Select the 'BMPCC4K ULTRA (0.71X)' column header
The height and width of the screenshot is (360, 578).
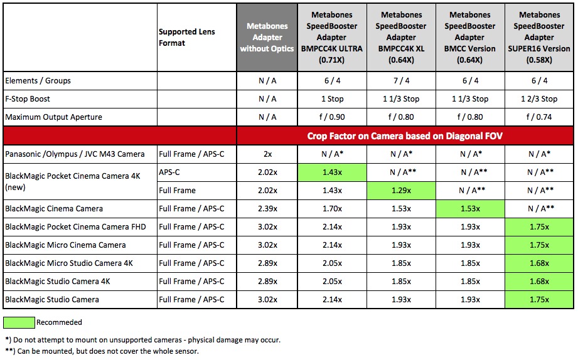(333, 38)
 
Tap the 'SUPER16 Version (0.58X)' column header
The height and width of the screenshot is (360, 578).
(540, 38)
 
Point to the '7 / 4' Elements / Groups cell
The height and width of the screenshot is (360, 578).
(402, 81)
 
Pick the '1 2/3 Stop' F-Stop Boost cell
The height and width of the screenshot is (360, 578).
(540, 99)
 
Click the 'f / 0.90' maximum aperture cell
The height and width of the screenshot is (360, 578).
(333, 117)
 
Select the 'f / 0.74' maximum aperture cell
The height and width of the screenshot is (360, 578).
(540, 117)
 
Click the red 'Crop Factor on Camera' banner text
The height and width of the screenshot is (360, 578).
(405, 136)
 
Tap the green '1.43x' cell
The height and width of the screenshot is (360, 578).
(333, 172)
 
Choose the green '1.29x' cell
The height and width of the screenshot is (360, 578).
(402, 191)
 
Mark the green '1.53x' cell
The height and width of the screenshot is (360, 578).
(471, 209)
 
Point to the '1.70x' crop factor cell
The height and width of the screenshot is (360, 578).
(333, 209)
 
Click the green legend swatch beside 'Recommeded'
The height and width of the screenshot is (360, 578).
(19, 322)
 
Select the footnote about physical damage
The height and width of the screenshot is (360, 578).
(142, 340)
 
